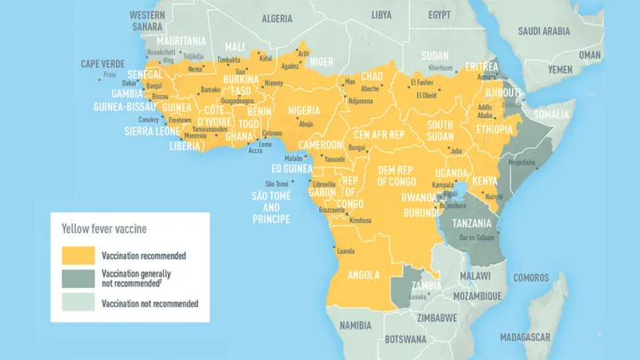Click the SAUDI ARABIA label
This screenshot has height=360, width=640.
(x=544, y=31)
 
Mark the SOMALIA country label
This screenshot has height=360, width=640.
(x=550, y=114)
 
